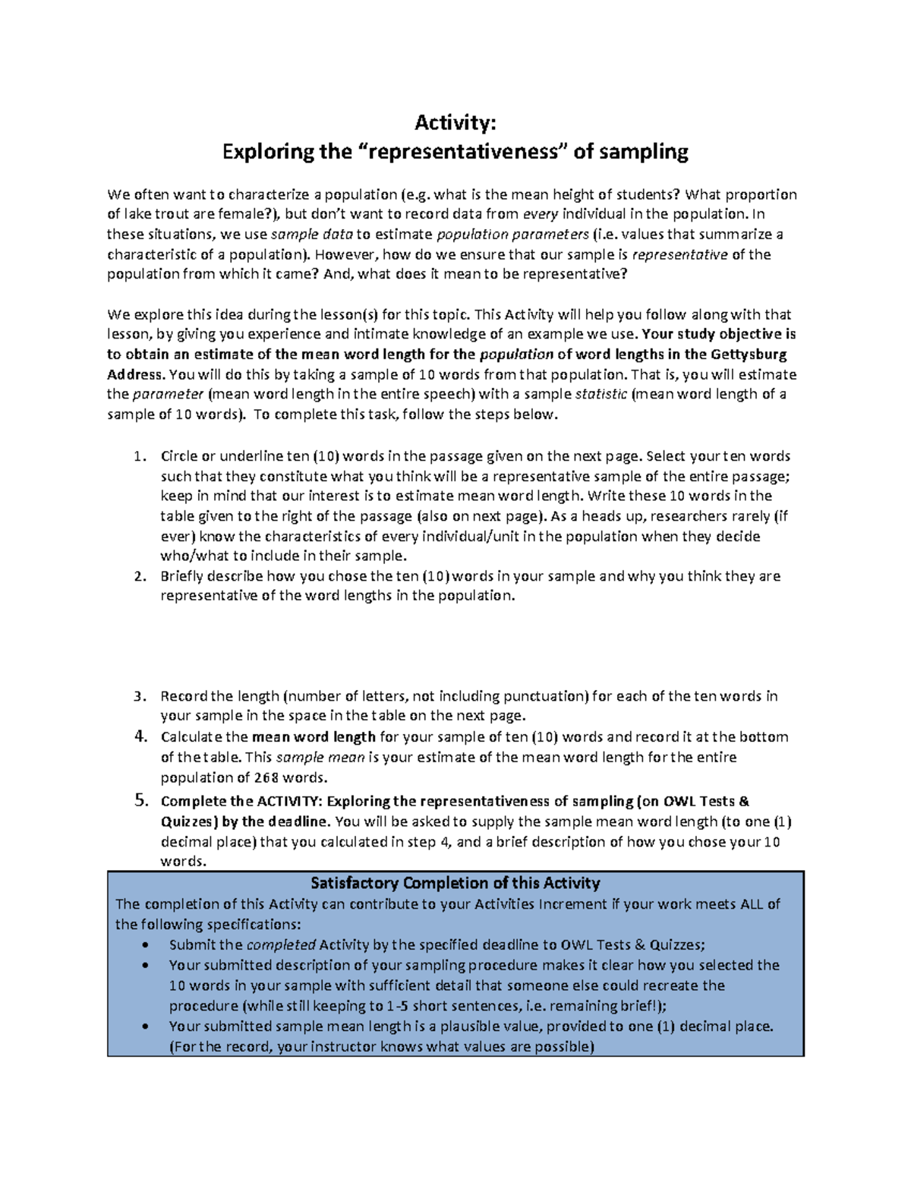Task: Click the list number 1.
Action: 137,457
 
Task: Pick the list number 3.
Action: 137,696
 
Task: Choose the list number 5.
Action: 139,800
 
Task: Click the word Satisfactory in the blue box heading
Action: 354,883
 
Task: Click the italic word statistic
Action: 601,394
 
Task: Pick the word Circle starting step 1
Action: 178,457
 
